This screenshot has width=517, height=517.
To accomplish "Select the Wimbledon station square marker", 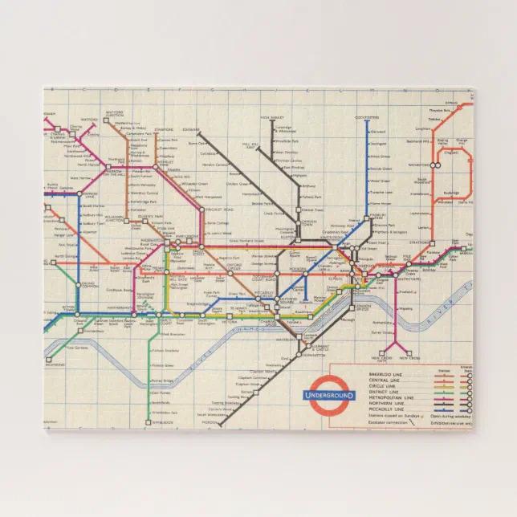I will click(x=149, y=420).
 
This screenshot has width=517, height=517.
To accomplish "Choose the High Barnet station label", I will click(x=271, y=117).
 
